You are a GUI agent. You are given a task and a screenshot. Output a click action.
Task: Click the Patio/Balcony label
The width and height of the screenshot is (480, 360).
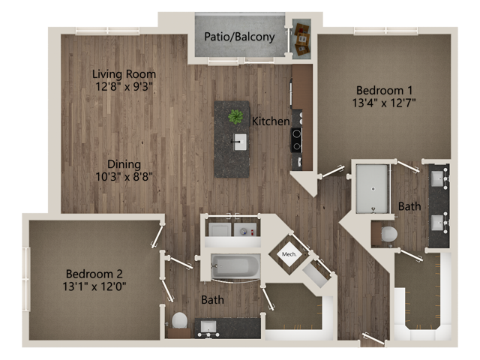point(239,36)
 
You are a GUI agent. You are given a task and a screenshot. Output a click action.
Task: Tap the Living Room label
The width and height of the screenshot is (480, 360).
point(124,74)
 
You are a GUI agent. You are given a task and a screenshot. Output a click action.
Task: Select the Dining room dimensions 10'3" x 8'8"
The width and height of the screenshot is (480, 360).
point(124,178)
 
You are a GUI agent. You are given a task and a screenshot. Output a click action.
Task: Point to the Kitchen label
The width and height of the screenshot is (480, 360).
point(270,121)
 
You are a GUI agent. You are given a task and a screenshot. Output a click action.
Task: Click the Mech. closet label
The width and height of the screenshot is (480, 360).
point(289,254)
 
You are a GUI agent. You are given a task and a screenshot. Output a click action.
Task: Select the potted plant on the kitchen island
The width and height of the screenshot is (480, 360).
point(235,116)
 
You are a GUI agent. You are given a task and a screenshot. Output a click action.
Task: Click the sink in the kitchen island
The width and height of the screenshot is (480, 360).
point(240,141)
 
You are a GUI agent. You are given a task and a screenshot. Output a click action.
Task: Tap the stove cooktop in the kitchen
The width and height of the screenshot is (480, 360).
point(296,139)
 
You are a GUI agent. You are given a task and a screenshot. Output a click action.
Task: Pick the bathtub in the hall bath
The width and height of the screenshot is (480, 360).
point(235,266)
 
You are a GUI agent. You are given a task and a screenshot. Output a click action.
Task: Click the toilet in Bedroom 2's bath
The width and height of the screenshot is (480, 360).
point(179,320)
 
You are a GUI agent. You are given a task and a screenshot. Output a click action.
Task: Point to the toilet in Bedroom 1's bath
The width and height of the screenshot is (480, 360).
point(388,234)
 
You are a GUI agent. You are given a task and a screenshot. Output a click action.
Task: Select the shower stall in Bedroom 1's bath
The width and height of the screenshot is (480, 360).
point(372,187)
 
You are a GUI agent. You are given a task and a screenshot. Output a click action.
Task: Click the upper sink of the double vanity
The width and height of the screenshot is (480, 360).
point(439,179)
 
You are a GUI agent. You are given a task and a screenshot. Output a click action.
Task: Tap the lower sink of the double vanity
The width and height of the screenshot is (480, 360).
point(439,222)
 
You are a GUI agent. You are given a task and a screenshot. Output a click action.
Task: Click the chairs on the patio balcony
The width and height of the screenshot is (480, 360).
point(301,39)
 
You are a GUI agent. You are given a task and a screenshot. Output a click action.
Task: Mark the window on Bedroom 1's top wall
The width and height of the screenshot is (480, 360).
point(385,31)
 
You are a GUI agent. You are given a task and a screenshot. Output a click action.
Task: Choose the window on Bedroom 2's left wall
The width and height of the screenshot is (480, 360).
point(27,279)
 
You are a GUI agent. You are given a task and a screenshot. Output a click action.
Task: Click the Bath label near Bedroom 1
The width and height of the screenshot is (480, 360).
point(409,206)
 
